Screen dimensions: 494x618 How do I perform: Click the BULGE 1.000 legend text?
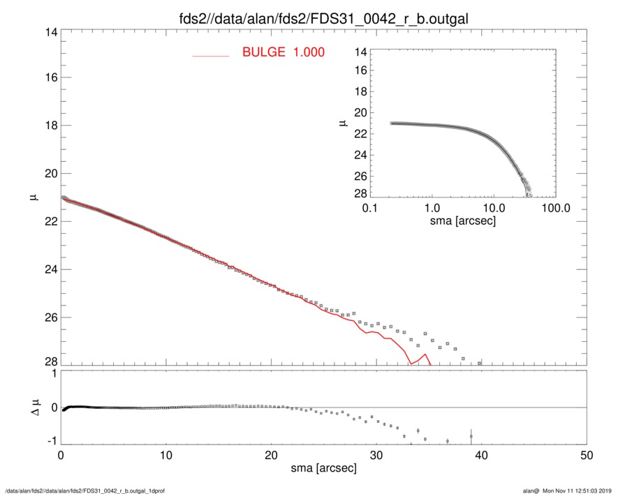pos(284,52)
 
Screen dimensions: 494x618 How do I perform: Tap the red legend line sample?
pos(210,55)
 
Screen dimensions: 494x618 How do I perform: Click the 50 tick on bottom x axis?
pos(587,455)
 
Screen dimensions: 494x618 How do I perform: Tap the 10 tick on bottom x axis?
pos(166,455)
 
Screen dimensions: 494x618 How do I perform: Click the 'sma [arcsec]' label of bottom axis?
pos(323,469)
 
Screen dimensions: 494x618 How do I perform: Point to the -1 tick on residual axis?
pos(51,442)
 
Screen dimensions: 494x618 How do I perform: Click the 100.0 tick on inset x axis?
pos(556,208)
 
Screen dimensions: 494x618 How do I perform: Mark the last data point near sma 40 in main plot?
pos(480,364)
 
